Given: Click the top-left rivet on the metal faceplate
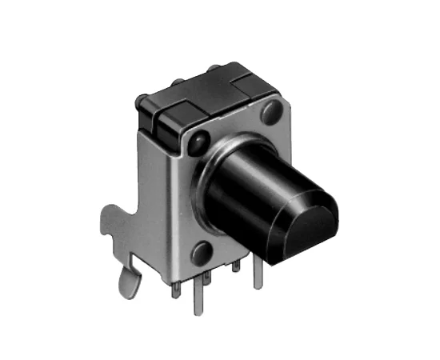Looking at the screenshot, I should click(194, 144).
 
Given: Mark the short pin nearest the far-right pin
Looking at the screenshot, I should click(238, 270).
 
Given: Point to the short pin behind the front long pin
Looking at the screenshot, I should click(206, 280).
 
